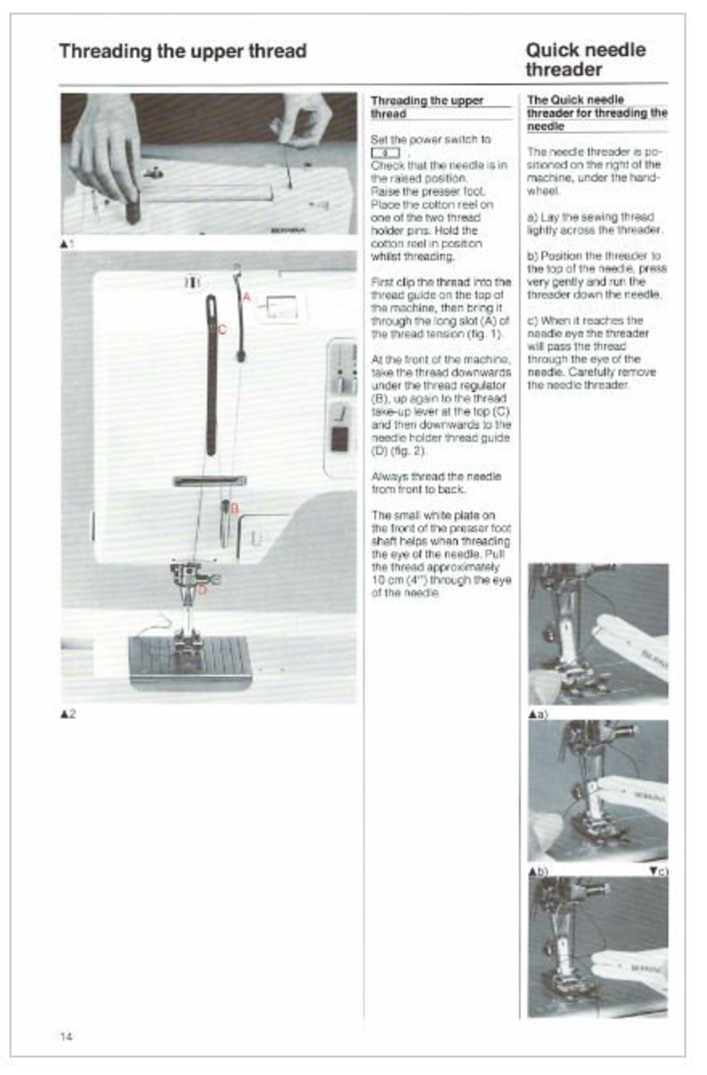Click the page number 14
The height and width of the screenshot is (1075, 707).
[x=66, y=1036]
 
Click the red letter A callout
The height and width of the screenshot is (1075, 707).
[x=246, y=297]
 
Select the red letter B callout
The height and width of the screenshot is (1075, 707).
[x=234, y=509]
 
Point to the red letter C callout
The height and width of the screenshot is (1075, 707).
[x=222, y=330]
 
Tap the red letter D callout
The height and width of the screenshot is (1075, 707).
[x=202, y=590]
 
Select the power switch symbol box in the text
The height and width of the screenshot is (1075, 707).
[x=385, y=153]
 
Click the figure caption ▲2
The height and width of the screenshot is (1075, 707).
[x=68, y=714]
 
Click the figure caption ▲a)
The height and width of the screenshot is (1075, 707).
[x=538, y=715]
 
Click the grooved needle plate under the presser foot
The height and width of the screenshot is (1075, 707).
[x=190, y=660]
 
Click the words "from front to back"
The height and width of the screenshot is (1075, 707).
[x=418, y=489]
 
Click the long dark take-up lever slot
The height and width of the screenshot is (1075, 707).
[x=211, y=375]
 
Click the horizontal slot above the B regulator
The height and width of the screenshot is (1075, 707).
[x=210, y=481]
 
